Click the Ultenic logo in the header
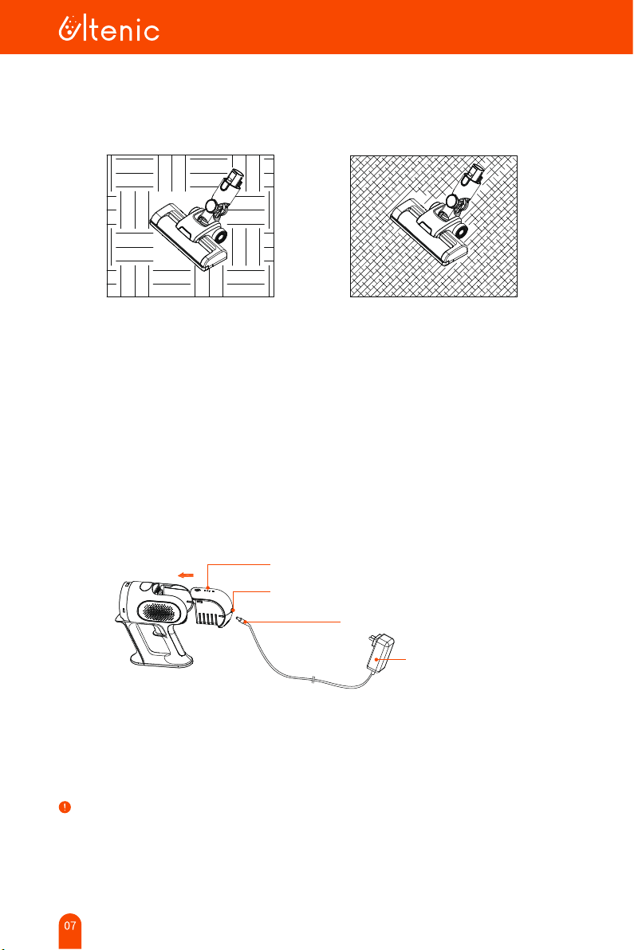tap(109, 29)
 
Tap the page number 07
tap(70, 925)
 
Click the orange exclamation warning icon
tap(65, 807)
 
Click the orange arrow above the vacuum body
tap(186, 575)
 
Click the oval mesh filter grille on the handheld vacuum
tap(162, 611)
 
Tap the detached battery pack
tap(212, 607)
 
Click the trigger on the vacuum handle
tap(158, 631)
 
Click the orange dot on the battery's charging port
tap(233, 610)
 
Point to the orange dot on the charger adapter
tap(377, 659)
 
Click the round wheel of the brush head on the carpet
tap(461, 231)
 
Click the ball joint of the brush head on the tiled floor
tap(211, 206)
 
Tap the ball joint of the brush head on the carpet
tap(451, 202)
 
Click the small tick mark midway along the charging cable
tap(313, 681)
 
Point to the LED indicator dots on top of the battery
tap(208, 587)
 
